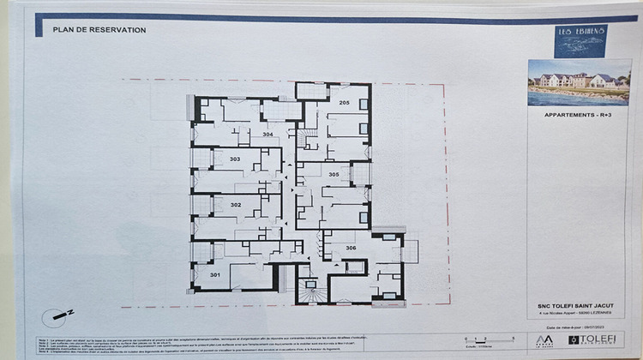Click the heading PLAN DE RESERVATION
(x=99, y=30)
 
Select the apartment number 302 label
(x=236, y=205)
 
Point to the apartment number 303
(x=234, y=159)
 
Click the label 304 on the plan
(x=267, y=135)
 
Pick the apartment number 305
(x=334, y=175)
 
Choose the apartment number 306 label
(x=351, y=247)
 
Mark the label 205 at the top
(x=343, y=103)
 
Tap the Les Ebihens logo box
(x=580, y=40)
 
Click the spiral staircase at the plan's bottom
(x=311, y=291)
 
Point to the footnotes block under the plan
(x=214, y=345)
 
